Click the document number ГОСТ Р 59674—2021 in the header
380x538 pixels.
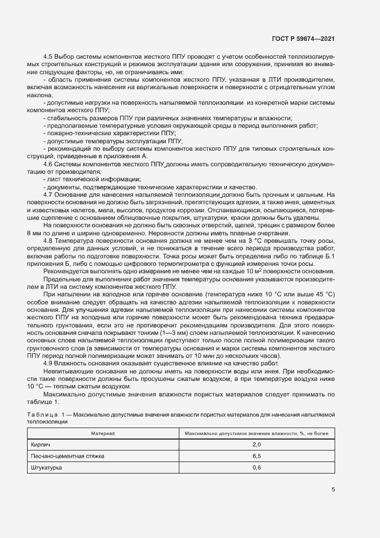302,39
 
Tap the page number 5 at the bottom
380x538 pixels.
333,490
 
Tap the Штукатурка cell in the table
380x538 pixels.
47,468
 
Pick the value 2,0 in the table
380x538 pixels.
256,444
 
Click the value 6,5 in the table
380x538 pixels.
256,456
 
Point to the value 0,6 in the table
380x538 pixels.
256,468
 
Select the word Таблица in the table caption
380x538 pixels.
43,414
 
